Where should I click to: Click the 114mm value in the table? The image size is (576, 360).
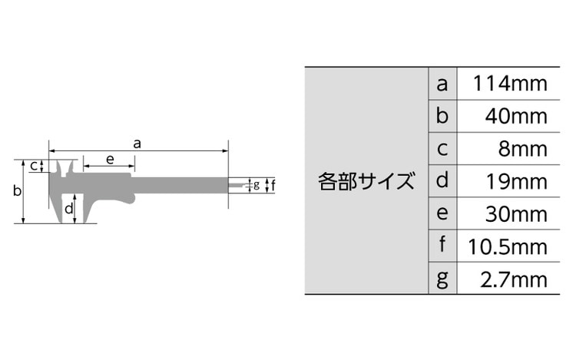pos(510,84)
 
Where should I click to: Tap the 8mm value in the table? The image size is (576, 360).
pos(523,149)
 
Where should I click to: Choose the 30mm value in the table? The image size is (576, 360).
pos(516,214)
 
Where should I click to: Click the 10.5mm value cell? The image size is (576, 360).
pos(508,246)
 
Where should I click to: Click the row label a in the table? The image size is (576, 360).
pos(442,84)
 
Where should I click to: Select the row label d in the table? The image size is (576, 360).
pos(442,180)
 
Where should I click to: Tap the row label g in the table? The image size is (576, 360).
pos(442,279)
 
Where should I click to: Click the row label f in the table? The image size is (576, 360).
pos(442,244)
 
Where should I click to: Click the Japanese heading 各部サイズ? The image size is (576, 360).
pos(366,181)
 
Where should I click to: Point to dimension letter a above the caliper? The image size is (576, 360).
pos(137,144)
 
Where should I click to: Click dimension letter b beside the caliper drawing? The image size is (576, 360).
pos(17,190)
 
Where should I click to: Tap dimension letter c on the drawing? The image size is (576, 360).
pos(34,166)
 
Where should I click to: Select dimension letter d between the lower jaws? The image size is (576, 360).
pos(68,209)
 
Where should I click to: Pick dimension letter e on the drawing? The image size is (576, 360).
pos(110,160)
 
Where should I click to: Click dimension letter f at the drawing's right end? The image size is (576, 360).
pos(273,184)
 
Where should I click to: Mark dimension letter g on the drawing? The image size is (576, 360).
pos(257,184)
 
